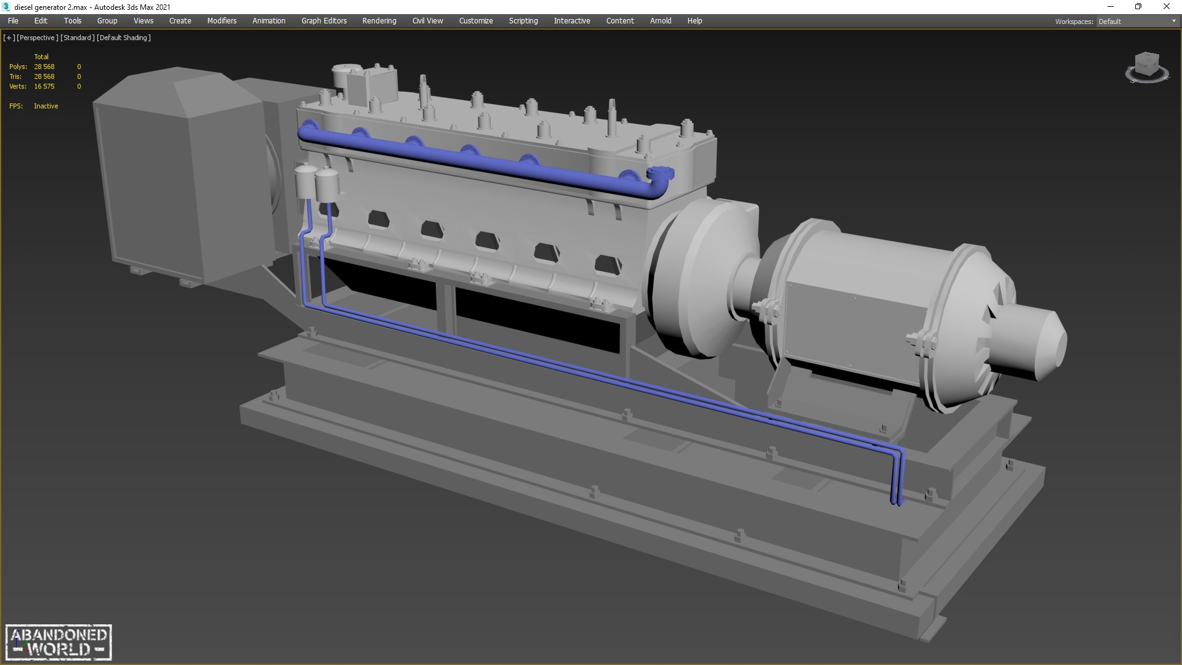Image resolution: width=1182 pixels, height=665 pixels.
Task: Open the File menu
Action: (x=13, y=21)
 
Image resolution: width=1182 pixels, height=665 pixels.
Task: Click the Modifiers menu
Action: (x=222, y=21)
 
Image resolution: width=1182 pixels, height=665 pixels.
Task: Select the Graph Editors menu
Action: (x=324, y=21)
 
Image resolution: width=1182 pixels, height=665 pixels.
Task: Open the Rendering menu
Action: (x=379, y=21)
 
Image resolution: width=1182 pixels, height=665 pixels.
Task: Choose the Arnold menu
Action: (x=661, y=21)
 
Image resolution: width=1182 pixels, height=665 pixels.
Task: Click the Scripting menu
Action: (x=523, y=21)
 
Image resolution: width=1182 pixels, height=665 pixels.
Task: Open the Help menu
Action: (x=694, y=21)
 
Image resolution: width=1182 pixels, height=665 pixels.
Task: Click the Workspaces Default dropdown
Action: (x=1136, y=22)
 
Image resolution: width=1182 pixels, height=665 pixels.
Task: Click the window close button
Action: (x=1166, y=7)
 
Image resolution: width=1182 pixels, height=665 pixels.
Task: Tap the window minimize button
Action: (x=1111, y=7)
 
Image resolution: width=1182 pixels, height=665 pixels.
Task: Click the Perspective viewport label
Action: (x=38, y=38)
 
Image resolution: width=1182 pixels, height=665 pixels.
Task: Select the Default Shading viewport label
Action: (x=124, y=38)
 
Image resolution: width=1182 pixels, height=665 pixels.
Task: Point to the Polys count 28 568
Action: (x=44, y=66)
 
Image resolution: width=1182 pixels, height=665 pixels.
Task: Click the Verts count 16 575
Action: (x=44, y=86)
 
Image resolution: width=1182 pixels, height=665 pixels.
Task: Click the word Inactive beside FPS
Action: (x=46, y=106)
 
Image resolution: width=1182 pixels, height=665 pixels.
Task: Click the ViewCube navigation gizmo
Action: (x=1146, y=66)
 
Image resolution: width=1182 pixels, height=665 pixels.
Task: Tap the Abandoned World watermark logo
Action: (x=59, y=642)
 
